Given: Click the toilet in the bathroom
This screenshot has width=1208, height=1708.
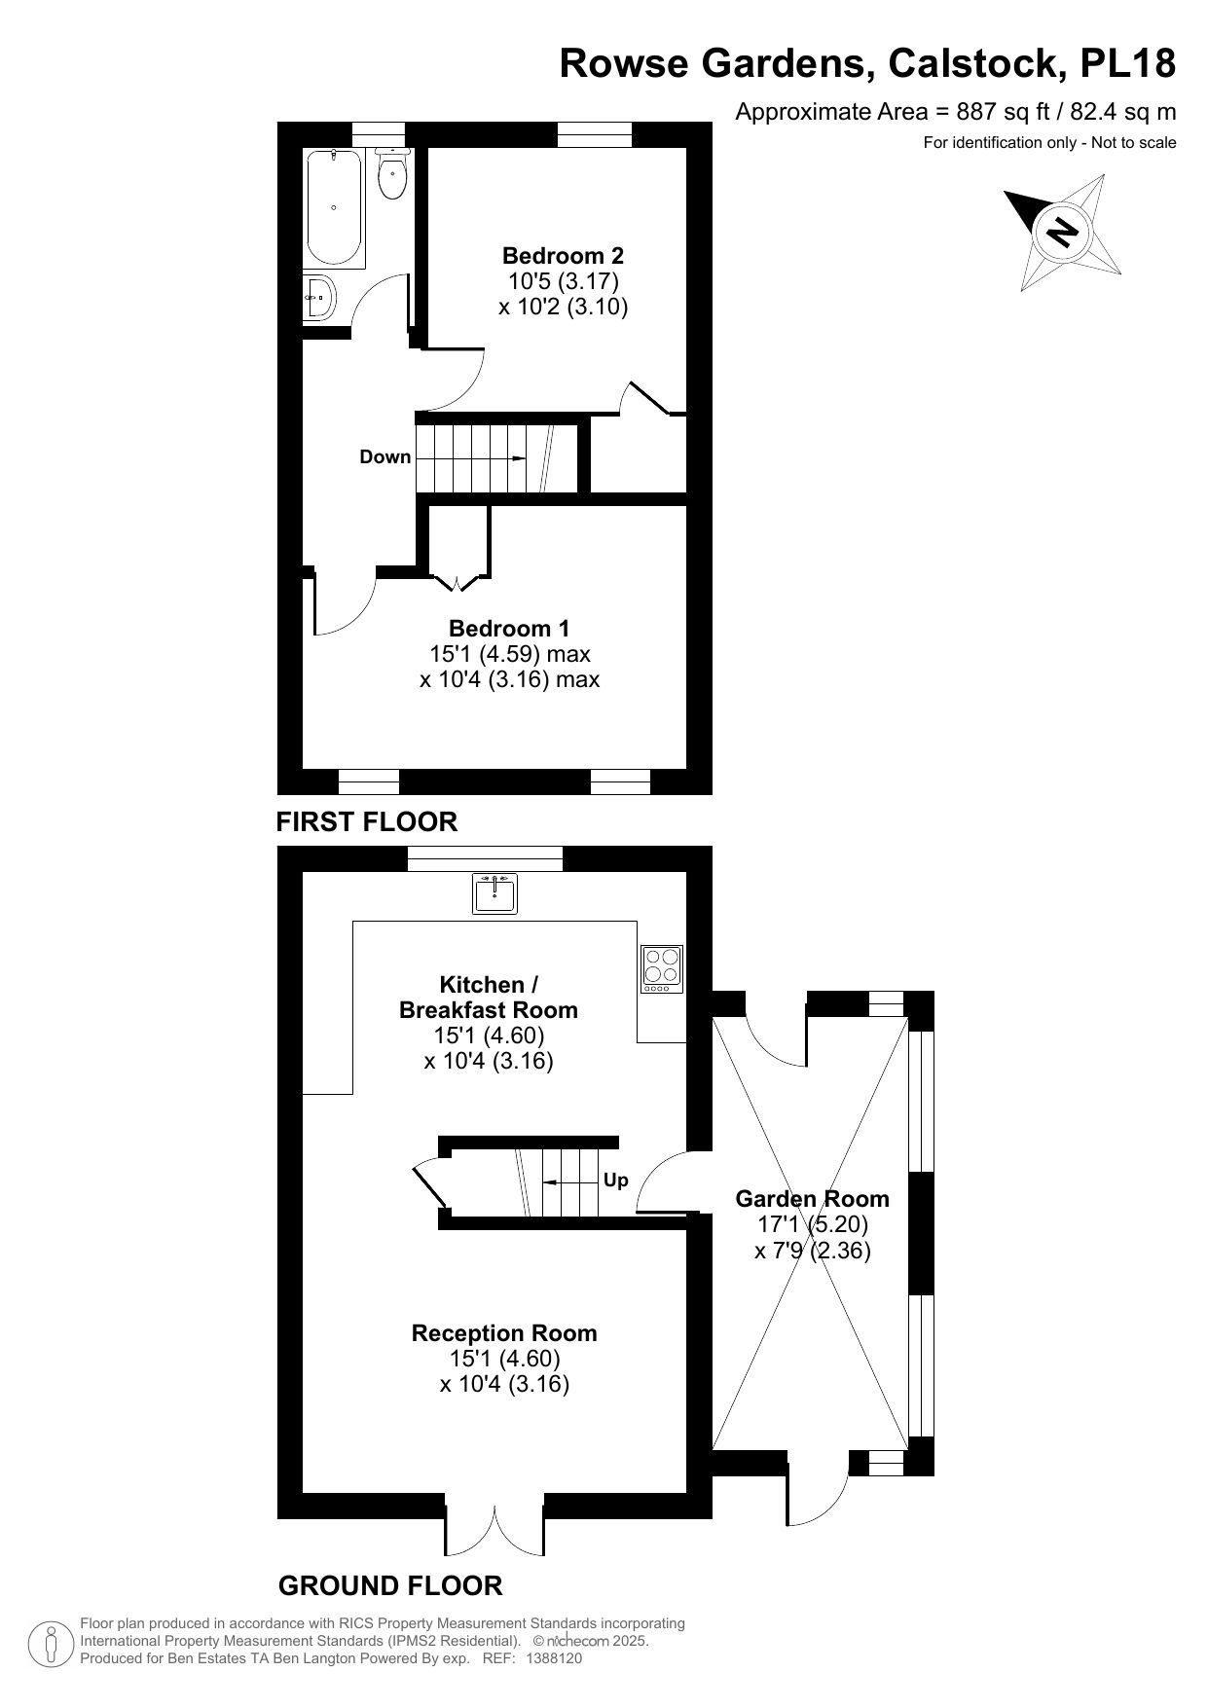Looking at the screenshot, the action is coord(391,174).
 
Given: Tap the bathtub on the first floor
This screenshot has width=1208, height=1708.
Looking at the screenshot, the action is coord(334,208).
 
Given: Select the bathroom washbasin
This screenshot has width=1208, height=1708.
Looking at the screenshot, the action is coord(320,297).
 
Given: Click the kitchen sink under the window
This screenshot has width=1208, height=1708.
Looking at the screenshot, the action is coord(495,893).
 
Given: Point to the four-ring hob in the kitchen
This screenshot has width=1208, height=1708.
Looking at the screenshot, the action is coord(663,969).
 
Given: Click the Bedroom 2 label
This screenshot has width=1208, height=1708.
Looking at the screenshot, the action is coord(563,256).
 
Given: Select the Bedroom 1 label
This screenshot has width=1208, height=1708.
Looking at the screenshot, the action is coord(509,629).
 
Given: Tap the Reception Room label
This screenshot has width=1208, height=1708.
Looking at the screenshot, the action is coord(504,1333).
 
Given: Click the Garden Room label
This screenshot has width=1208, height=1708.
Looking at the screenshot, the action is coord(812,1199).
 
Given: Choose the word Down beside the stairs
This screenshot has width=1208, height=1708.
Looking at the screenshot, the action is coord(385,457).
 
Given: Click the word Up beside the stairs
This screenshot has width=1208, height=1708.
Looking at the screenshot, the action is coord(616,1181).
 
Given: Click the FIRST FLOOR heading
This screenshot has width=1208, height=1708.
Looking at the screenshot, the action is coord(367,821).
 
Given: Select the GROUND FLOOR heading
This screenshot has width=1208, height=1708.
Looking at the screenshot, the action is coord(390,1585).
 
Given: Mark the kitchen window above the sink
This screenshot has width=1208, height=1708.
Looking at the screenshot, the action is coord(485,858).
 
